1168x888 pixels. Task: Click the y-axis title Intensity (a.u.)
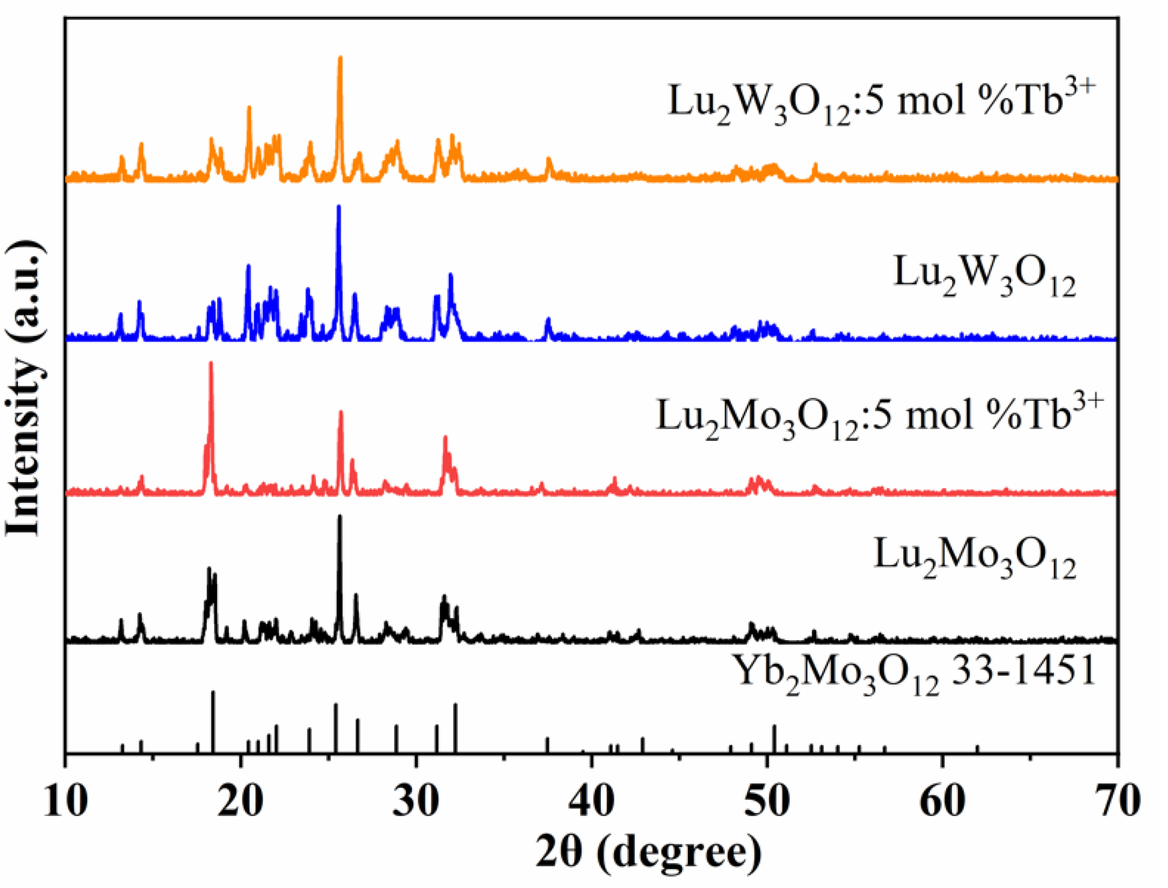coord(24,387)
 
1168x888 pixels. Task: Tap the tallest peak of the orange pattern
coord(340,58)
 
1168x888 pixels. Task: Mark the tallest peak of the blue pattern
coord(339,207)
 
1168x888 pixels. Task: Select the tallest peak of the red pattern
coord(211,364)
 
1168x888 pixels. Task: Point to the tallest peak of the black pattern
coord(339,517)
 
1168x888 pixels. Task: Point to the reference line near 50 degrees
coord(775,738)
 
